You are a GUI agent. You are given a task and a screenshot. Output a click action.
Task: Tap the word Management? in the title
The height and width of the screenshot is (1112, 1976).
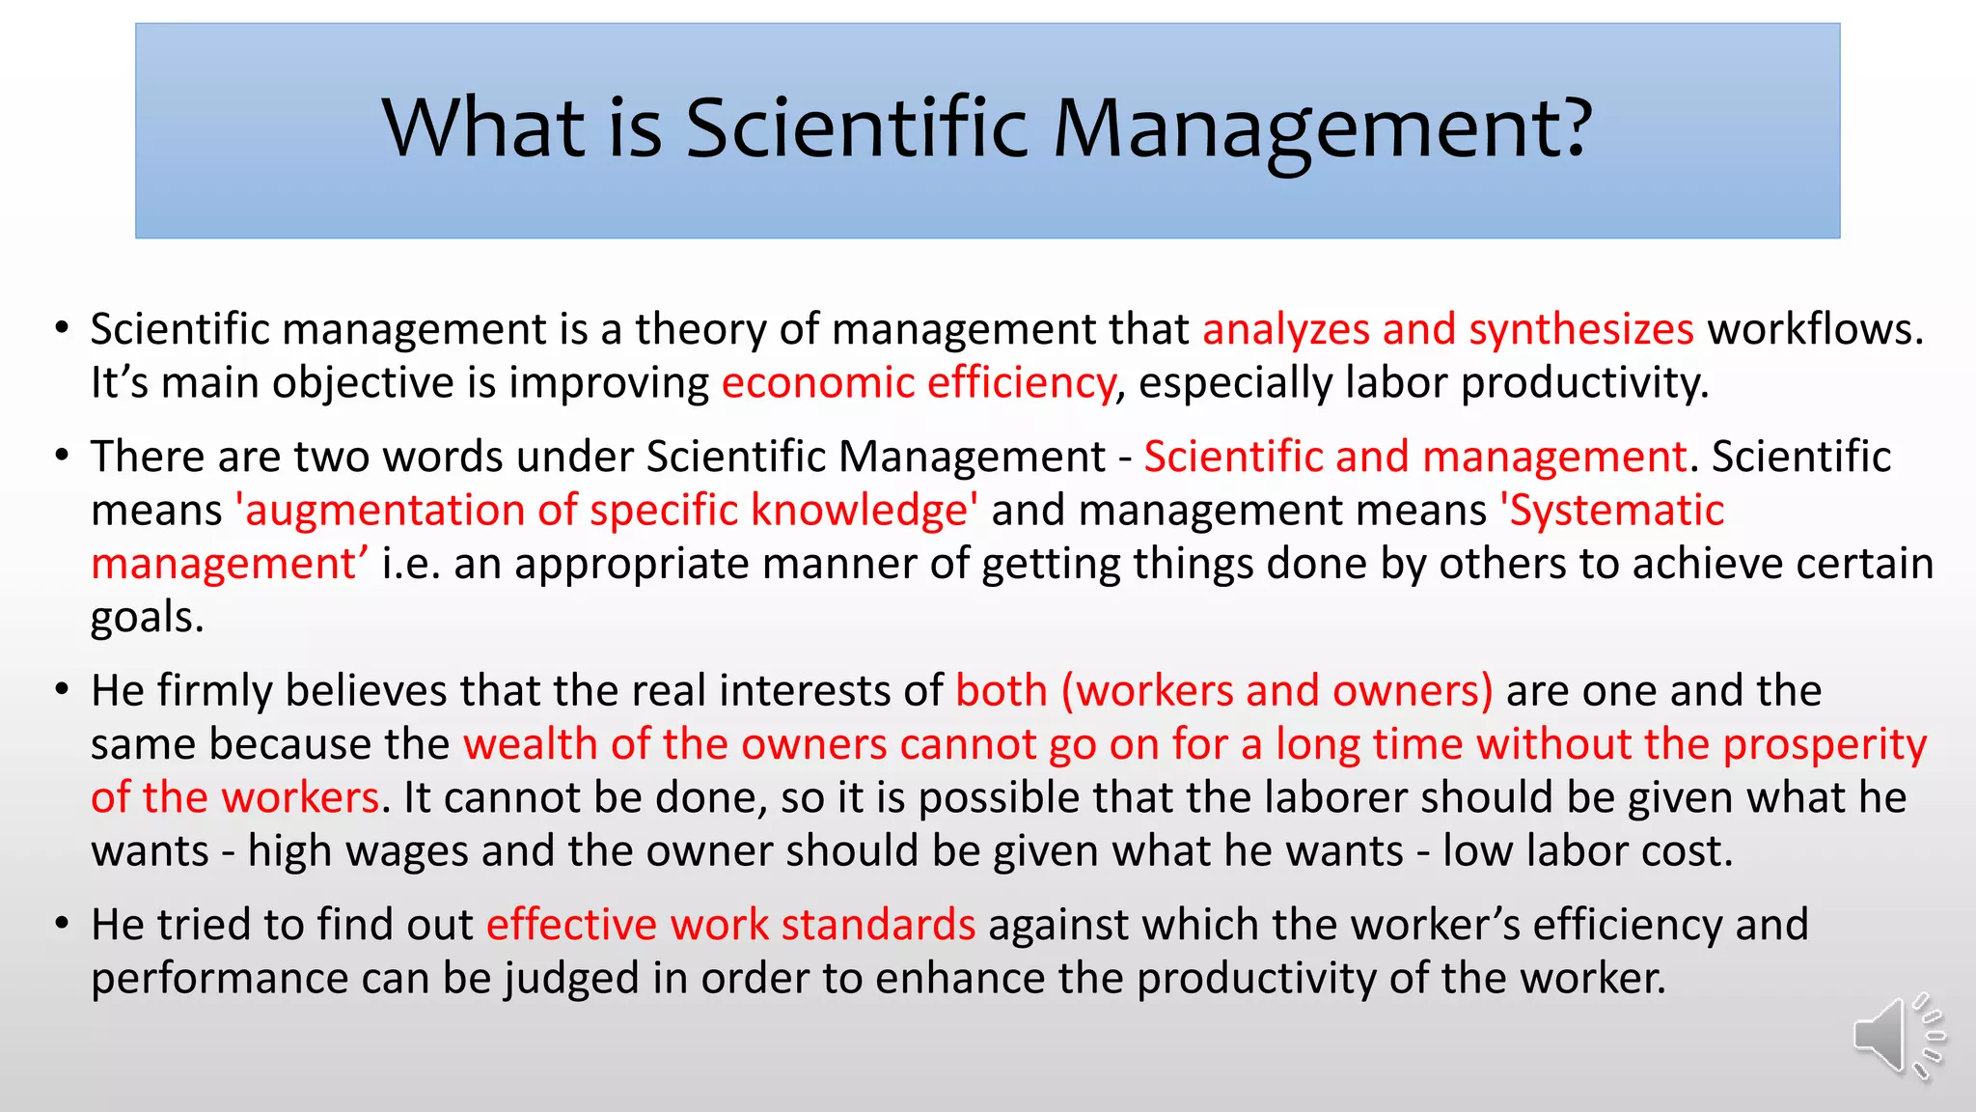(1322, 129)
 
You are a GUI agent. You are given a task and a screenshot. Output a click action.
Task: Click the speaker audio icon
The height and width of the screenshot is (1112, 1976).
(1897, 1037)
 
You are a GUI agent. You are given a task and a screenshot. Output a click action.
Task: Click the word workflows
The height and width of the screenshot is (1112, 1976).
(1815, 330)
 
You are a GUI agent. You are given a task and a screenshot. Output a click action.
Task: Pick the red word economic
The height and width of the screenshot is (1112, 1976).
(817, 383)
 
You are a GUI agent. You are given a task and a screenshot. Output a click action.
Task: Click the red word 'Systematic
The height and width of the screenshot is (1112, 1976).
(1612, 511)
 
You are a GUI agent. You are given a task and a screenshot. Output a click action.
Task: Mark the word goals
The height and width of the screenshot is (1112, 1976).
(147, 618)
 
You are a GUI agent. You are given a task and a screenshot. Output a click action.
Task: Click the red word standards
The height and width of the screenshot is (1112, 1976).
(878, 925)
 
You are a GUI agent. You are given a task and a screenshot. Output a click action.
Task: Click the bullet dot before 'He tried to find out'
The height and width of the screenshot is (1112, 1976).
(63, 924)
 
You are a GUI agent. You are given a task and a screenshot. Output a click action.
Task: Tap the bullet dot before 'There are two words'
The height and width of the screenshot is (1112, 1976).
(63, 456)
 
